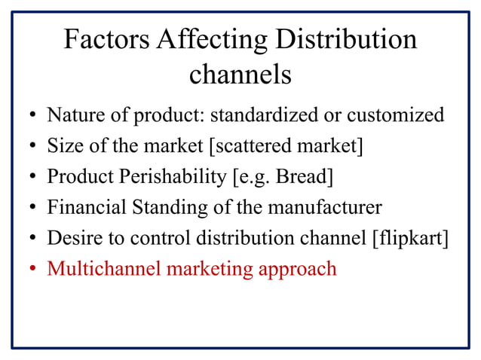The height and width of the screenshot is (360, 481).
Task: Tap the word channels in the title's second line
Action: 240,75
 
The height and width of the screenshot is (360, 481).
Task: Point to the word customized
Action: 396,116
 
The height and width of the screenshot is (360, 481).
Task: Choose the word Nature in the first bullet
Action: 72,116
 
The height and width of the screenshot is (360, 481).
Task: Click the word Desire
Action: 71,238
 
